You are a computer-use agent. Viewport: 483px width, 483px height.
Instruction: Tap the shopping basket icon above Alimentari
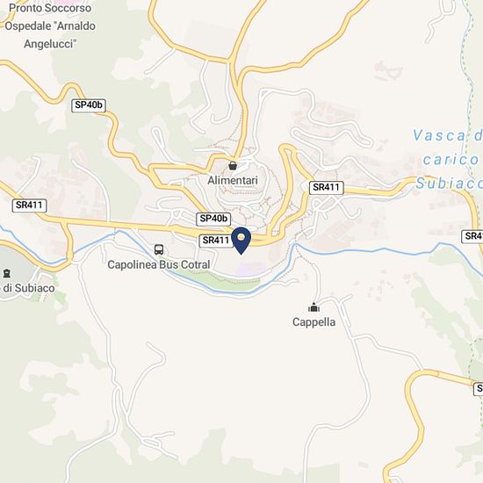click(232, 164)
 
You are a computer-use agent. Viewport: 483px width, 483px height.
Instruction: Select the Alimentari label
click(232, 180)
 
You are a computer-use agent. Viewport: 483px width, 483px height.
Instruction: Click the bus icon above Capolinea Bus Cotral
click(159, 249)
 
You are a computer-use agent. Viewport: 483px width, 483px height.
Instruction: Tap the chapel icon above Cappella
click(314, 307)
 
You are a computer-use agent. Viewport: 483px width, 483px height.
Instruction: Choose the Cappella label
click(314, 322)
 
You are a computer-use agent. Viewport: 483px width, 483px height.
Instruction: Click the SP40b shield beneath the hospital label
click(89, 105)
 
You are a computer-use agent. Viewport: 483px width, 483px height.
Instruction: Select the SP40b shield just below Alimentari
click(213, 219)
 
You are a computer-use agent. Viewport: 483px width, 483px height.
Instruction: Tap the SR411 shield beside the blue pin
click(216, 240)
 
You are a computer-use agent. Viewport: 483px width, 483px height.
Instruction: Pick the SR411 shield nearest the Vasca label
click(326, 187)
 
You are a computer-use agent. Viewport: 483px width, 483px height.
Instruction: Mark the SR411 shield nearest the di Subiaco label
click(29, 205)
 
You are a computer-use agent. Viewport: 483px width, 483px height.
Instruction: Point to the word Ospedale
click(32, 25)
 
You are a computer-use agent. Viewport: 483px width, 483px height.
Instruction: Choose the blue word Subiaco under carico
click(449, 184)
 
